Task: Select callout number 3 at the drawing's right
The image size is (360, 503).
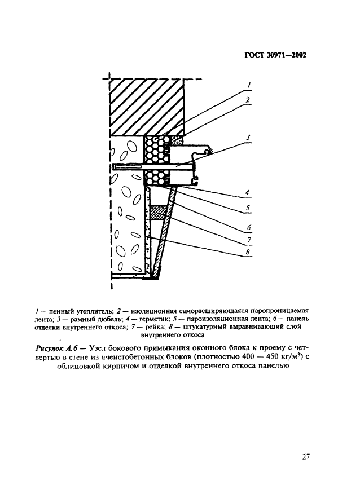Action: tap(249, 137)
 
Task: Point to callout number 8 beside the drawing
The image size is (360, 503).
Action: tap(249, 252)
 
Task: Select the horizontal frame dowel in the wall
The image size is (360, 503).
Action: tap(152, 167)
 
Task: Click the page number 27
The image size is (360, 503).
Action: tap(306, 457)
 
